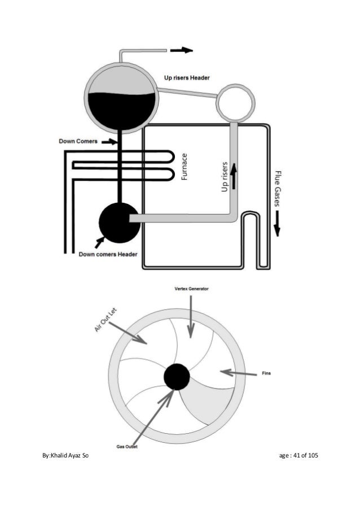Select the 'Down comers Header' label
point(108,254)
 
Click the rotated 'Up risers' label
point(225,177)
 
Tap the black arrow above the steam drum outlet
point(181,50)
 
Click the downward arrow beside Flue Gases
point(277,227)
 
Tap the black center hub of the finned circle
point(177,377)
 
